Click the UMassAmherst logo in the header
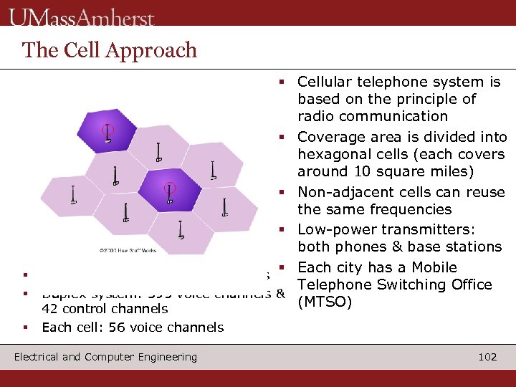point(82,16)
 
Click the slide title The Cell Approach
point(109,50)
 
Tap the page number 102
point(487,357)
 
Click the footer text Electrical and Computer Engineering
point(105,357)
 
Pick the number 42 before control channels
point(49,309)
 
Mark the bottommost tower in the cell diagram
point(181,230)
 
